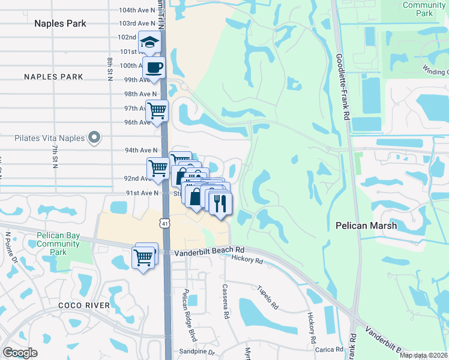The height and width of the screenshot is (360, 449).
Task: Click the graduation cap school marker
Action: click(149, 42)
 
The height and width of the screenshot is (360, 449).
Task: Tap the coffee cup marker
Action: click(154, 67)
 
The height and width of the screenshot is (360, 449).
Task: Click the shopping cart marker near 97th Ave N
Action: click(157, 111)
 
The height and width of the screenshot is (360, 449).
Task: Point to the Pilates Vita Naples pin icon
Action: click(94, 138)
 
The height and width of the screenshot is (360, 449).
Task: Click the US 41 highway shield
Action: click(164, 223)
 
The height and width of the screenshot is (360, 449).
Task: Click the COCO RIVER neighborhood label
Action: click(84, 305)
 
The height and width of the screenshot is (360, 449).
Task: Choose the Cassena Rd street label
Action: click(226, 302)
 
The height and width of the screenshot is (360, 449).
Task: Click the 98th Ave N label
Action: click(140, 94)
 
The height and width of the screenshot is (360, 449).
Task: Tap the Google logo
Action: click(20, 353)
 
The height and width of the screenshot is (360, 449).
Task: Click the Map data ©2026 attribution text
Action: click(423, 355)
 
